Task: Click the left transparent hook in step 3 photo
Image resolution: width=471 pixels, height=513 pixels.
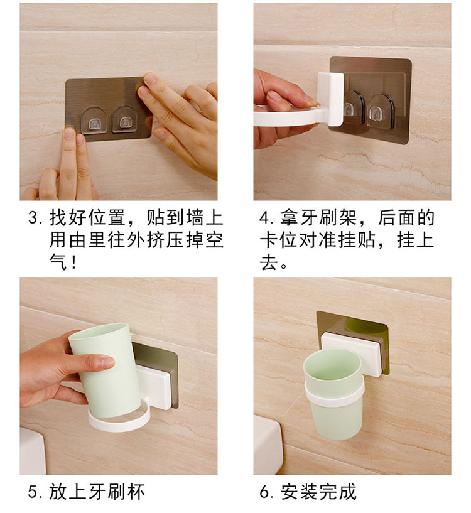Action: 94,121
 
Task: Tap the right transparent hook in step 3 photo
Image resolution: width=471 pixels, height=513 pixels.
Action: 125,120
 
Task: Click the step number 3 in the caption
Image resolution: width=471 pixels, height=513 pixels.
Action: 33,218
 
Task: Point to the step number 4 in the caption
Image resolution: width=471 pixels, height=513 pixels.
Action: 264,218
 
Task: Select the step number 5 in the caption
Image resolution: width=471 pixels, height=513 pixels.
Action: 33,492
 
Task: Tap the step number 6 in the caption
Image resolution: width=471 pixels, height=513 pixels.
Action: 264,492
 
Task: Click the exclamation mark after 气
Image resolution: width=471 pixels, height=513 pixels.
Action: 73,262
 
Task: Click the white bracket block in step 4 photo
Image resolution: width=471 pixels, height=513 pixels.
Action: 330,99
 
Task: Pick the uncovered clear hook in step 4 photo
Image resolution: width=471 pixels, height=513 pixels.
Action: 381,111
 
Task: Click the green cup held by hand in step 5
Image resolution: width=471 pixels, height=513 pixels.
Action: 105,370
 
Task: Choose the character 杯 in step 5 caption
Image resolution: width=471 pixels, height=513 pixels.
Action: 136,492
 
